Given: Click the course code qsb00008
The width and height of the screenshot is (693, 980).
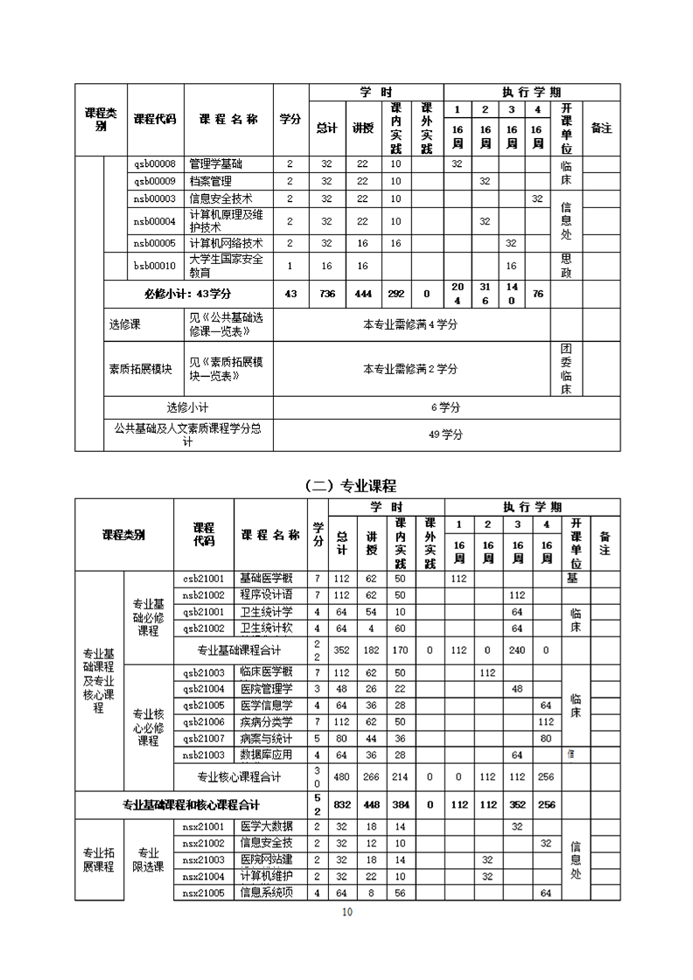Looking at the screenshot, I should point(155,164).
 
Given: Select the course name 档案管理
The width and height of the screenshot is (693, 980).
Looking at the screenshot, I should point(211,181).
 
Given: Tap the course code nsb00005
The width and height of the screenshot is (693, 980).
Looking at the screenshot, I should point(155,243).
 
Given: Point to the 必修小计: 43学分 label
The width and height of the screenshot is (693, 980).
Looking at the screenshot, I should point(188,294).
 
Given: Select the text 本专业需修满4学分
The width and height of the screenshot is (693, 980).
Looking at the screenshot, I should point(410,325).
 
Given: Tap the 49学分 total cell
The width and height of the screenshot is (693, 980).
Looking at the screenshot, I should point(446,434).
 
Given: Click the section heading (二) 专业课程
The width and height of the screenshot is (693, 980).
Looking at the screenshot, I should point(351,486).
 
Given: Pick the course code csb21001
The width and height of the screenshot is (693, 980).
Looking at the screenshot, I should point(204,579).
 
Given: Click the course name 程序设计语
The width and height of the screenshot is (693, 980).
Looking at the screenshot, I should point(266,594).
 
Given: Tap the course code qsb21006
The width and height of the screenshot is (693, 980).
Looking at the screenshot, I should point(204,721).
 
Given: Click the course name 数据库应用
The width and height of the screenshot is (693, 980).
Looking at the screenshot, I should point(266,754).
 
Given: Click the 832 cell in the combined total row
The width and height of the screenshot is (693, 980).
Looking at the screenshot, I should point(342,804).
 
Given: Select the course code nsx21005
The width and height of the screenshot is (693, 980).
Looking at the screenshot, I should point(204,893).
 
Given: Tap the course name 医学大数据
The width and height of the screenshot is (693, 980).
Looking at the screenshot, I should point(266,826).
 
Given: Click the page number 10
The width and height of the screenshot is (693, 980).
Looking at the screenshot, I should point(347,913).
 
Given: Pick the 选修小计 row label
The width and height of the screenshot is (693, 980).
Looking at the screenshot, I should point(188,407).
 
